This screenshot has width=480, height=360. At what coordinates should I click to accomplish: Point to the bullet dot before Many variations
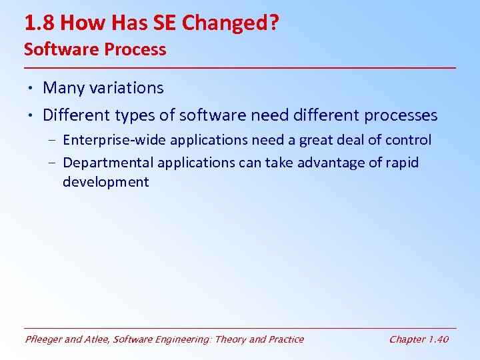click(x=31, y=88)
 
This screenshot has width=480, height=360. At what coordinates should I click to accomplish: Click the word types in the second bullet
click(x=138, y=115)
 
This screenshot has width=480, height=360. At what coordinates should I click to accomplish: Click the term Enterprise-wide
click(x=114, y=140)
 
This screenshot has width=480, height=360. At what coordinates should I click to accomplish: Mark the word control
click(x=407, y=140)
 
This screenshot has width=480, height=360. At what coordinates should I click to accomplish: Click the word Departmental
click(x=105, y=163)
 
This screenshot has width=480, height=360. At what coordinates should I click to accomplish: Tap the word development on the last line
click(x=106, y=182)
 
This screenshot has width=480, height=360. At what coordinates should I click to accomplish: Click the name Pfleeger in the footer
click(x=44, y=339)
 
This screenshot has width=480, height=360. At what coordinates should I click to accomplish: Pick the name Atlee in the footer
click(x=97, y=339)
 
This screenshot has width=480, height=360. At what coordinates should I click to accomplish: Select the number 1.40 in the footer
click(x=438, y=339)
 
